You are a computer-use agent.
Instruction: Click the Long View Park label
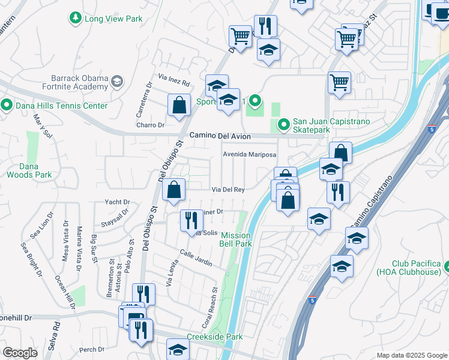pos(113,19)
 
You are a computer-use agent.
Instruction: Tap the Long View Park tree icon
pos(76,19)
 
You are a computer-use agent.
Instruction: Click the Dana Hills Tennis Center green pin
pos(7,106)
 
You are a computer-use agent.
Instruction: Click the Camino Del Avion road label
pos(220,136)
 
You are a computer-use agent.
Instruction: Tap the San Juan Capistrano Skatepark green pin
pos(282,125)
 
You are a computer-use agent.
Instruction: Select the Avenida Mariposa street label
pos(249,154)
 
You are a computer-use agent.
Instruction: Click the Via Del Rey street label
pos(228,190)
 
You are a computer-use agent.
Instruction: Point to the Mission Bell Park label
pos(236,239)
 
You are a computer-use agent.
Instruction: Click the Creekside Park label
pos(214,337)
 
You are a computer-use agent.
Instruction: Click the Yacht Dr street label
pos(117,202)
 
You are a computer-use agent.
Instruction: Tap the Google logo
pos(20,353)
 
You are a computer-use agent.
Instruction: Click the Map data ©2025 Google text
pos(412,355)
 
